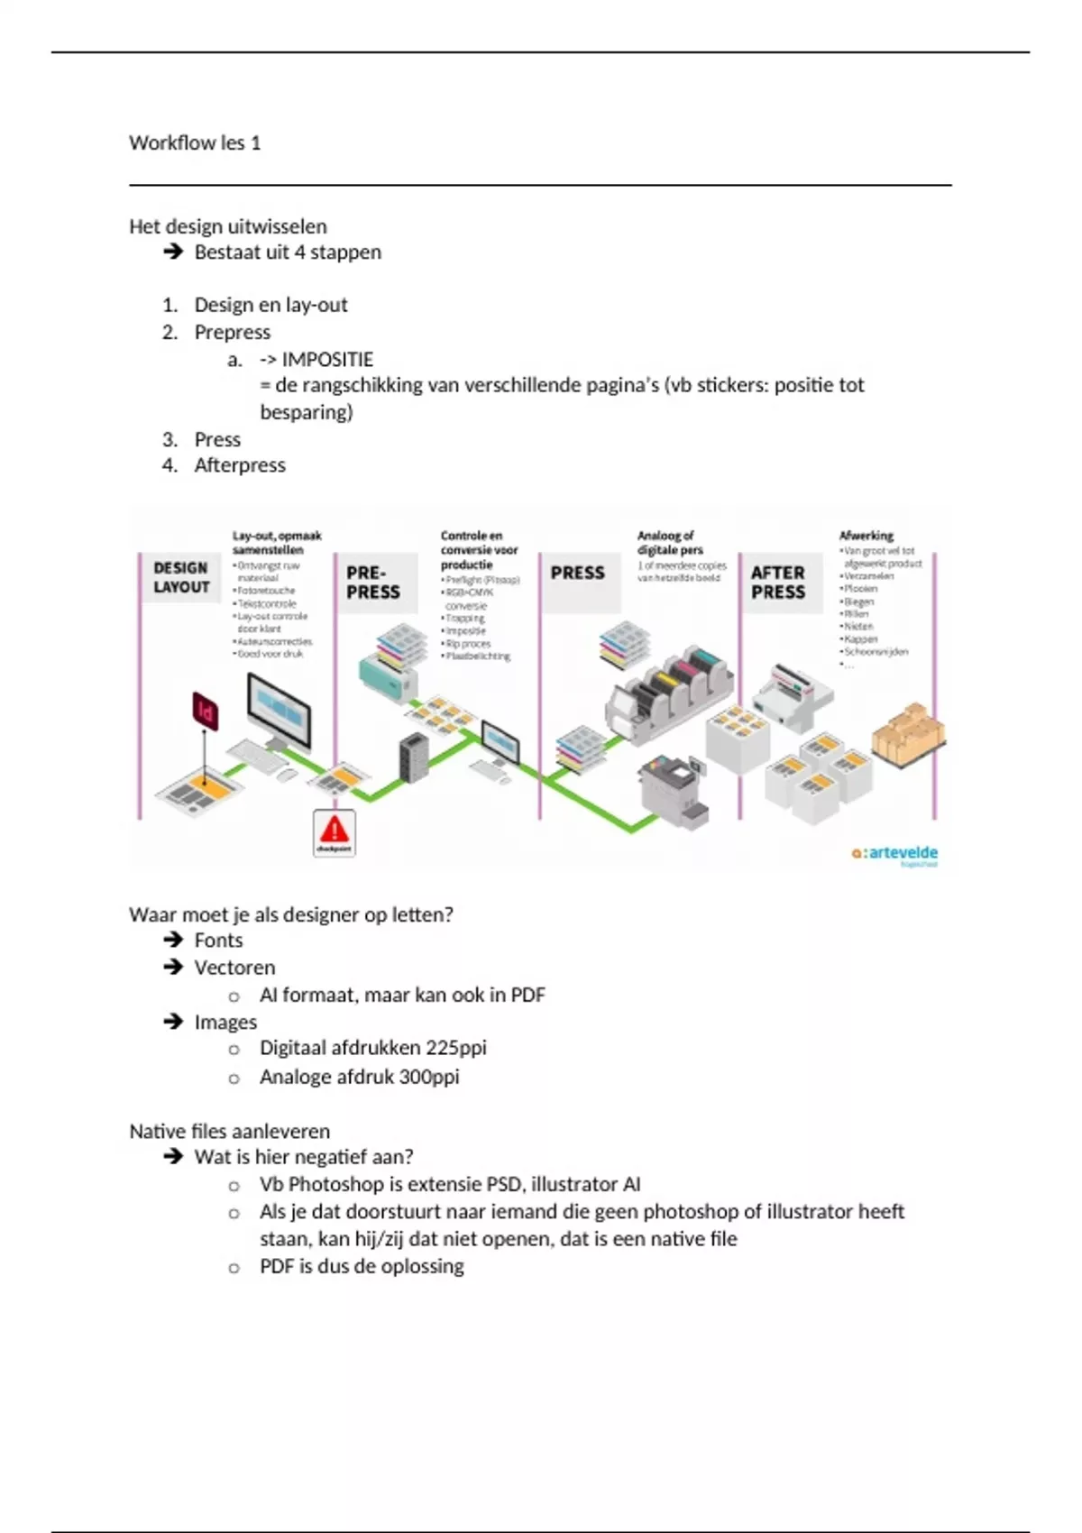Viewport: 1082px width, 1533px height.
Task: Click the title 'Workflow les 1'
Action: [195, 142]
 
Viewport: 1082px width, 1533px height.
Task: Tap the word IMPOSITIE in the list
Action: [327, 359]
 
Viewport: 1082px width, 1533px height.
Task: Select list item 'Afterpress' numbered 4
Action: [240, 465]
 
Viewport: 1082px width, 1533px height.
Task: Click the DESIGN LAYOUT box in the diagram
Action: [181, 577]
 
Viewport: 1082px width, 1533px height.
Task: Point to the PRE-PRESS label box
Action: [373, 583]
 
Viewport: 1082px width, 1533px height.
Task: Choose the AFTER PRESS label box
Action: [778, 583]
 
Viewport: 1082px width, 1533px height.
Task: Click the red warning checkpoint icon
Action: [334, 831]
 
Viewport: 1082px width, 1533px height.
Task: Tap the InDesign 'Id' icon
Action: [206, 711]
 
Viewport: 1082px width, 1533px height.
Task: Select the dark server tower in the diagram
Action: [413, 756]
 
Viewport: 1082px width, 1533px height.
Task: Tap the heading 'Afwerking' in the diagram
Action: [866, 536]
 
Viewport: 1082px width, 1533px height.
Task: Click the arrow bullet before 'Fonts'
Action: [173, 940]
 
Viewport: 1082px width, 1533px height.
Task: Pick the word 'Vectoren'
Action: [234, 968]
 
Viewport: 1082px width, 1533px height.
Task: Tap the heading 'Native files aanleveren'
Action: [230, 1131]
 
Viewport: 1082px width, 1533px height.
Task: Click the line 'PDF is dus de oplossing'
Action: [362, 1266]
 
